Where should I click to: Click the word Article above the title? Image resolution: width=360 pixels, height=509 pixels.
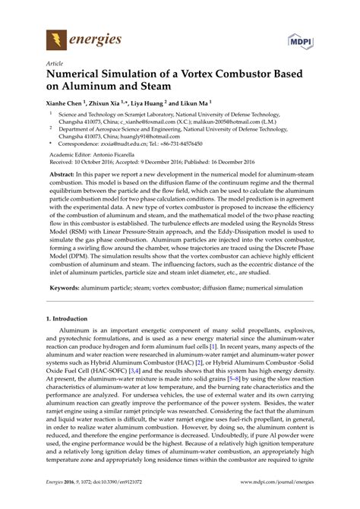(55, 65)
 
